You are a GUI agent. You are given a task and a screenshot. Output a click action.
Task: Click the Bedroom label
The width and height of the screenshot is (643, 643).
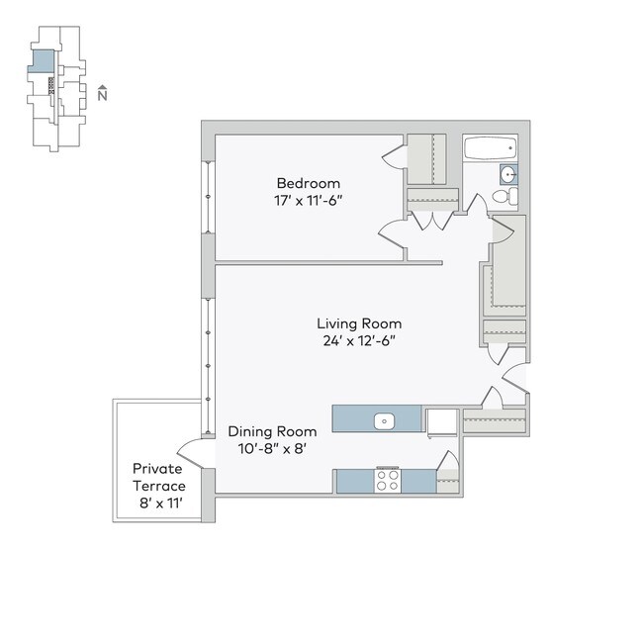point(308,183)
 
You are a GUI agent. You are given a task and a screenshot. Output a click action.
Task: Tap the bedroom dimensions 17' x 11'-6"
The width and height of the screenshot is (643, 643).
point(308,200)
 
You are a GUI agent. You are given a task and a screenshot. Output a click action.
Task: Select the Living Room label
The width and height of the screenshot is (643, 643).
point(358,323)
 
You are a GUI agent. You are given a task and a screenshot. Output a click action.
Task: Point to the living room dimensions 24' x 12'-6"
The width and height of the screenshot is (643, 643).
point(358,340)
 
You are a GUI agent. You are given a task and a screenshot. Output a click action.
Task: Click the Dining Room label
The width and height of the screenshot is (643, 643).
point(272,431)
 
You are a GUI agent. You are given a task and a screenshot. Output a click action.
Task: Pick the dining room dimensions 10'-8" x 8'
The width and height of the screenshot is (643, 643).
point(272,448)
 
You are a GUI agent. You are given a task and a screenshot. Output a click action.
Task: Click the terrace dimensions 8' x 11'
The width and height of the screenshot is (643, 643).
point(158,503)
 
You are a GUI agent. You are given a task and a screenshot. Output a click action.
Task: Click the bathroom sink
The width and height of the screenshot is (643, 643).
point(508,175)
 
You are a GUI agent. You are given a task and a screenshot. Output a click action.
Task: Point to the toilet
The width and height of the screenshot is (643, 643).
point(504,196)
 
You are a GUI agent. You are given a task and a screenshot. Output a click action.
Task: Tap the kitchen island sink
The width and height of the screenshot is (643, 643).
point(384,420)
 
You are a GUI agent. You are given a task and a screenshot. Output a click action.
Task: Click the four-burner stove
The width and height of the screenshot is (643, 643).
point(387,482)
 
